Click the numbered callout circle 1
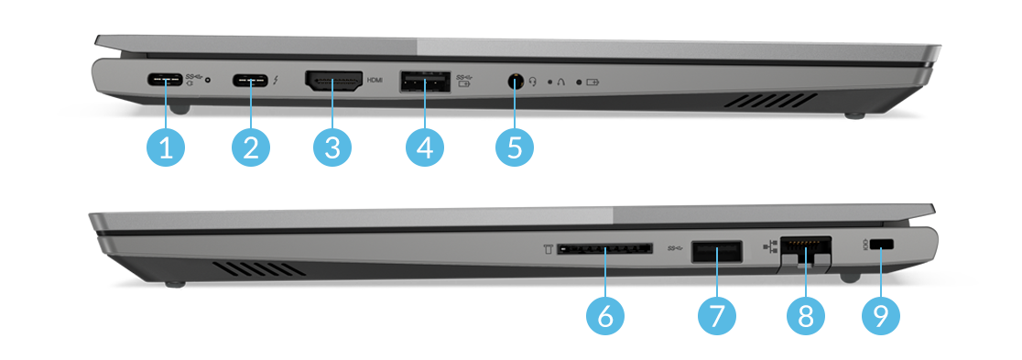click(166, 148)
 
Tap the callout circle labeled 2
click(251, 148)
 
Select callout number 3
click(332, 148)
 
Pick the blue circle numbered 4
click(424, 148)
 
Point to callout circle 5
click(515, 148)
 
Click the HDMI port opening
click(333, 82)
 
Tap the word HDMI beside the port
click(375, 81)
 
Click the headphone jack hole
click(516, 82)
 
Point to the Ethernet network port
click(806, 251)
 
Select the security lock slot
click(882, 245)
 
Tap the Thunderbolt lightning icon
click(276, 82)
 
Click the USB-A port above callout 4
click(425, 82)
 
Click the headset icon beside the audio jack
click(533, 82)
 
